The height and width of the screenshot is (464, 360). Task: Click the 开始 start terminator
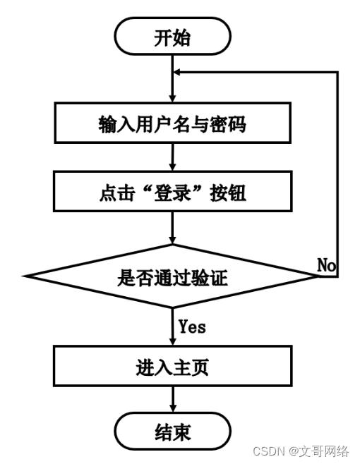(172, 37)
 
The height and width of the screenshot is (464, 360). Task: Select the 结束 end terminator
(172, 431)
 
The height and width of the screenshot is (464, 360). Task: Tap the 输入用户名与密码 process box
(172, 124)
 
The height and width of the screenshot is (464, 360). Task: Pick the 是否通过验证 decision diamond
(172, 277)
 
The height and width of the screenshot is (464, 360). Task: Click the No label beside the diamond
(326, 265)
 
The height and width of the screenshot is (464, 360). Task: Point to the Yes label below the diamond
(192, 326)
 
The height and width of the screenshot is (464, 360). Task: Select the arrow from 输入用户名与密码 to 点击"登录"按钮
(172, 158)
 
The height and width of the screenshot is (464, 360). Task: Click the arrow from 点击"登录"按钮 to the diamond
(172, 228)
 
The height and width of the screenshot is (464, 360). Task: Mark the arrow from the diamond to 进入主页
(172, 327)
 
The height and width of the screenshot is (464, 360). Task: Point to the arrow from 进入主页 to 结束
(172, 400)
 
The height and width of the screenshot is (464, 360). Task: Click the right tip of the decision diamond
(318, 277)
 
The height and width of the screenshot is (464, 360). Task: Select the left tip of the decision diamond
(26, 277)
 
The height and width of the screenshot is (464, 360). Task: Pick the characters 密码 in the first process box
(230, 124)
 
